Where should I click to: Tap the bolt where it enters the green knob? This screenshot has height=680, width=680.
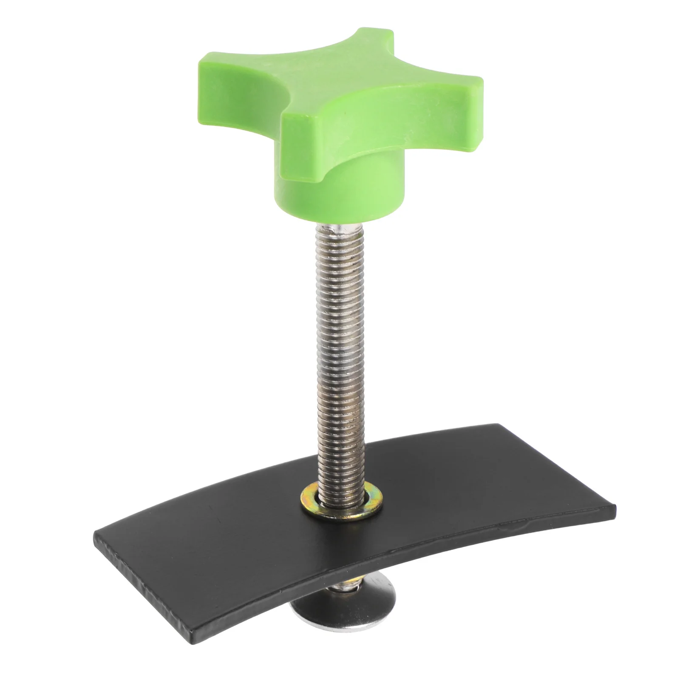pos(338,232)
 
